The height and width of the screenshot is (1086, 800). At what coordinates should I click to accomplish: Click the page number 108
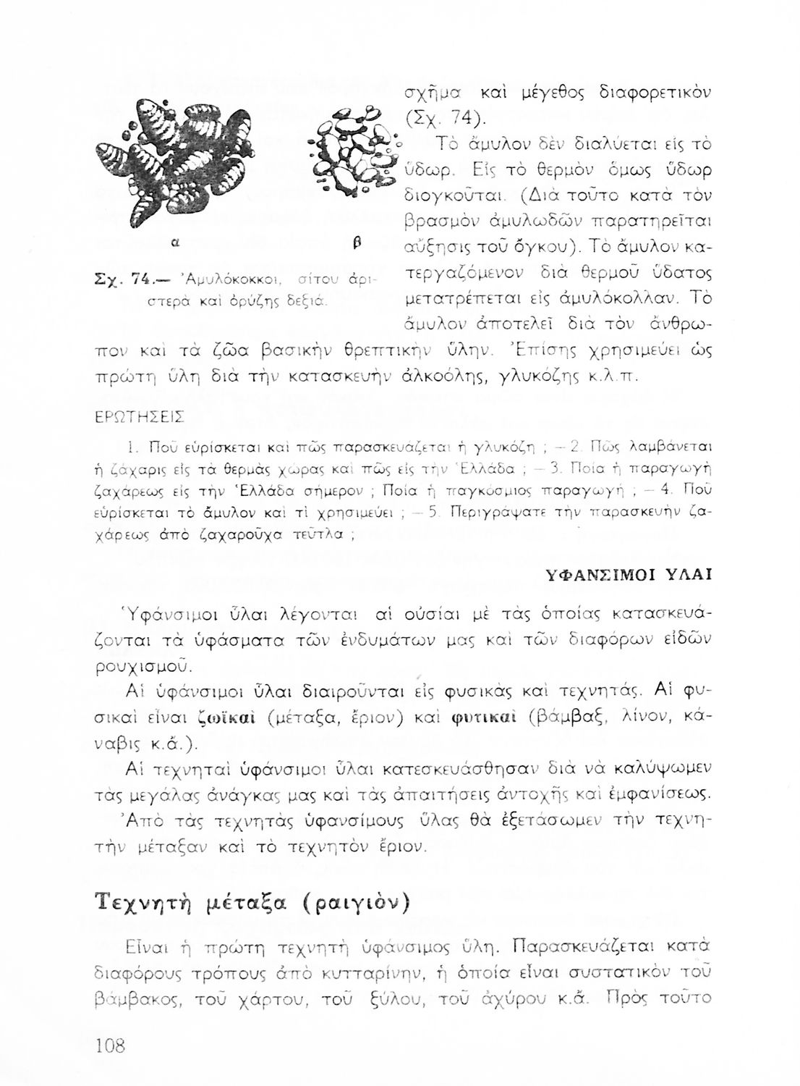click(111, 1045)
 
